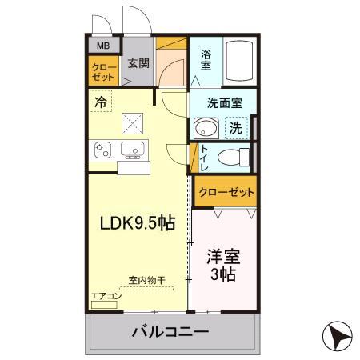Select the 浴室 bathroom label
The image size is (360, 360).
pos(206,61)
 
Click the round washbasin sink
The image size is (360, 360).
pos(206,128)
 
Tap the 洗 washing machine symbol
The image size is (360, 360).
pos(235,127)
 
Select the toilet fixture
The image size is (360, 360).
pos(235,156)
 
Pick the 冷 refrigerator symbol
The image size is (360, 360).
pos(101,102)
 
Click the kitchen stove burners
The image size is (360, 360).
pos(104,149)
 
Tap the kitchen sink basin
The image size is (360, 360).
pos(131,149)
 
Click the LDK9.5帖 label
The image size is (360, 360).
pos(137,224)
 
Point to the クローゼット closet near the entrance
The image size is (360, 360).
pos(102,70)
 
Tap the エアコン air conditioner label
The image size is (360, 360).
pos(106,297)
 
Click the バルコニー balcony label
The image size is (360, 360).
pos(170,331)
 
